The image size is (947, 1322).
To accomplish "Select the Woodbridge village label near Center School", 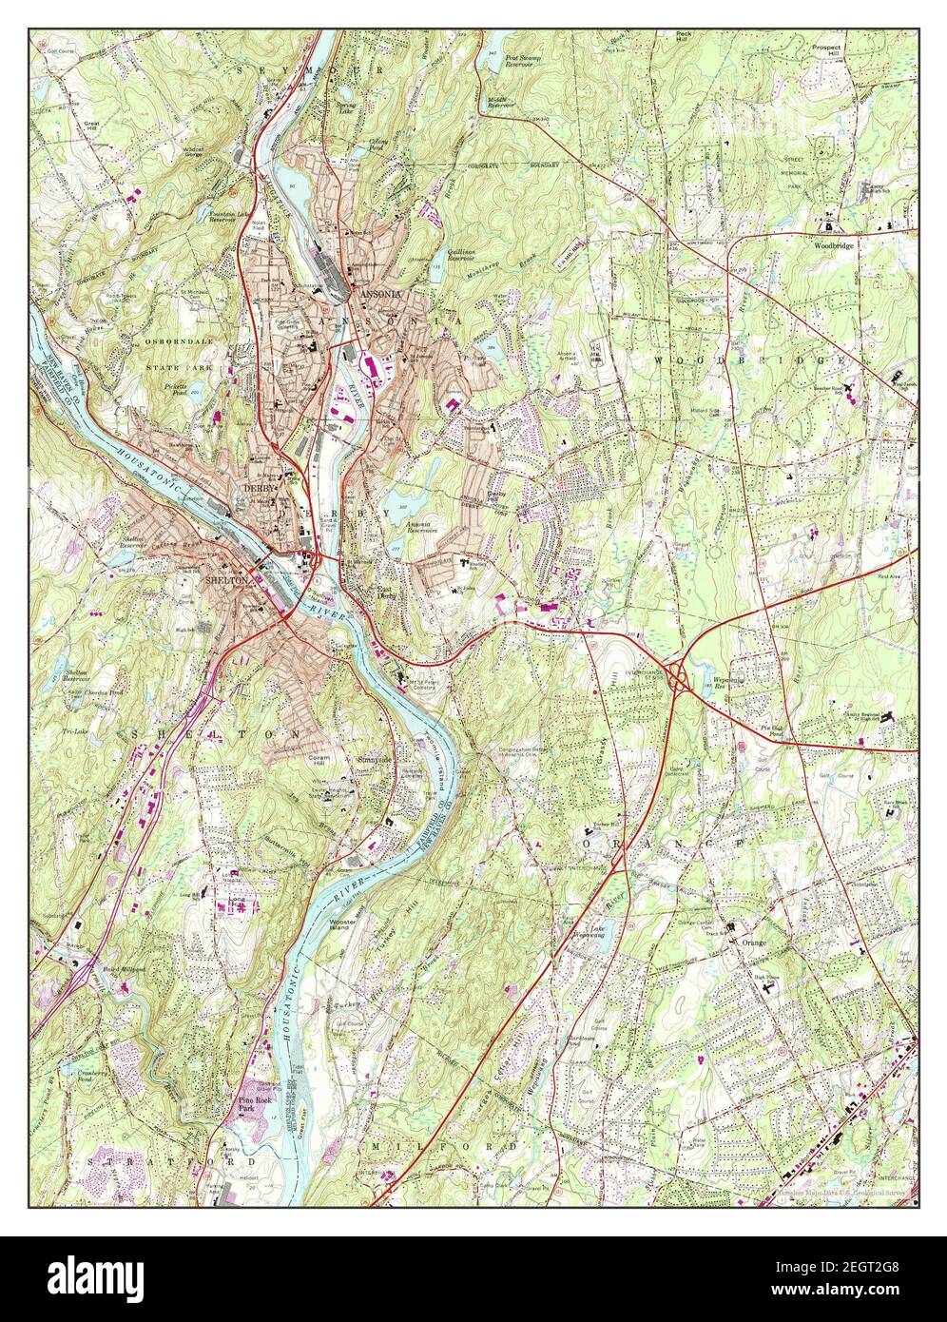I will pyautogui.click(x=833, y=244).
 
